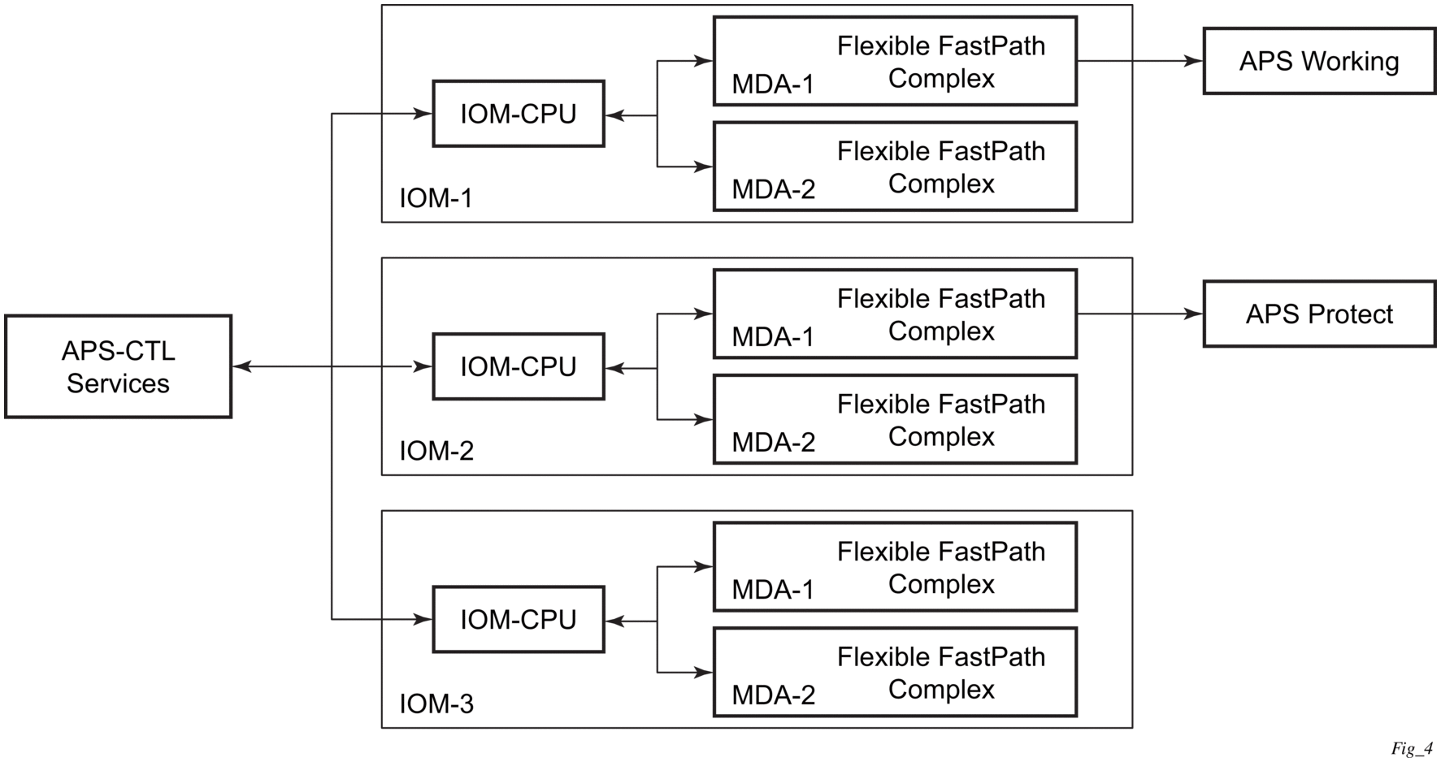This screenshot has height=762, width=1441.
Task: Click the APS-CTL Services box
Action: point(118,367)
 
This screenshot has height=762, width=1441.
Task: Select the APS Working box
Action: point(1319,62)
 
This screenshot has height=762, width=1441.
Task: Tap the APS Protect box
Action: point(1319,314)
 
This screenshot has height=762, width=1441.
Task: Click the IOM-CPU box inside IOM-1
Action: point(519,115)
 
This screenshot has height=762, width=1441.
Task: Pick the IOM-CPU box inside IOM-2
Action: point(519,367)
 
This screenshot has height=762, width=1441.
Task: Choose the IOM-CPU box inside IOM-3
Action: point(519,620)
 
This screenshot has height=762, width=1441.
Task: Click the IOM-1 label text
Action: point(436,198)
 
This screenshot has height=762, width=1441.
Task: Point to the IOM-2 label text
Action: point(436,451)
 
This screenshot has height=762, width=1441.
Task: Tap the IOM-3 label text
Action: point(436,704)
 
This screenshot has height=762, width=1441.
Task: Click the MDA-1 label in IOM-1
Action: point(773,84)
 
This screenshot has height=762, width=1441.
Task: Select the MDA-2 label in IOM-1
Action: point(774,190)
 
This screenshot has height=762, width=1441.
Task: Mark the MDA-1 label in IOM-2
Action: point(773,337)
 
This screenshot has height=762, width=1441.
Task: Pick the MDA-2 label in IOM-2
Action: point(774,443)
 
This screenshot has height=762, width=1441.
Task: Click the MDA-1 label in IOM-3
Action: point(773,590)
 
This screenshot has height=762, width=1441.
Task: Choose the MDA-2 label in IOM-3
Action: point(774,695)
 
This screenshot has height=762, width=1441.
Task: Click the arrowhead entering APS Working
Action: point(1194,61)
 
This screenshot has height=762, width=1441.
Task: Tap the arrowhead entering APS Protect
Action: point(1194,314)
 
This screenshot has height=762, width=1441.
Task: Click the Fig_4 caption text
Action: point(1411,749)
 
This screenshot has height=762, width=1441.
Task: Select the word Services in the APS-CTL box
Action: point(118,383)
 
